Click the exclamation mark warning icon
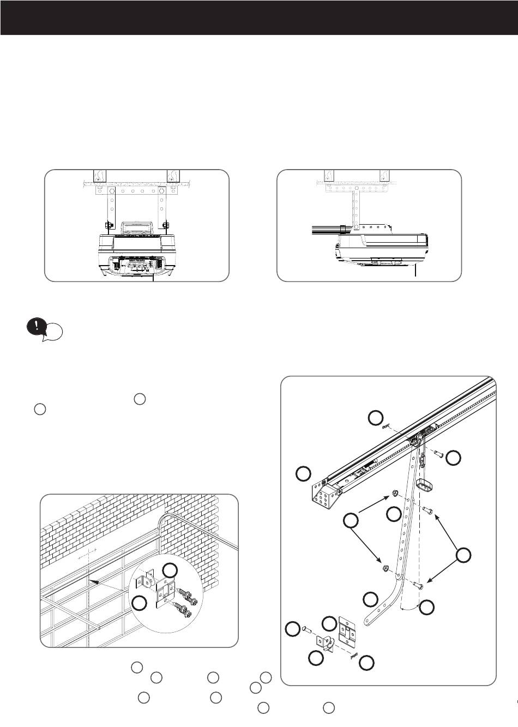[x=36, y=327]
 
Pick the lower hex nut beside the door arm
[x=385, y=568]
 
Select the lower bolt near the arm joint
[x=419, y=585]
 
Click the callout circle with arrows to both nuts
[x=351, y=521]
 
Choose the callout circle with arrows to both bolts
[x=463, y=555]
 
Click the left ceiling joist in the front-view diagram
[x=99, y=176]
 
